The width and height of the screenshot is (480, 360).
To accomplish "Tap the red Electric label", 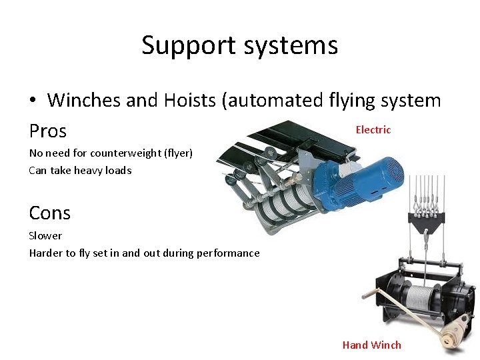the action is [373, 130].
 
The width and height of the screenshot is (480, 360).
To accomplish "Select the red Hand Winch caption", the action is [371, 345].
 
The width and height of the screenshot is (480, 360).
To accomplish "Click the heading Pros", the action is [48, 130].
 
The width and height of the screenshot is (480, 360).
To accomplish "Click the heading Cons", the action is [49, 213].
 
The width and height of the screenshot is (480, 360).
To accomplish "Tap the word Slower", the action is [45, 235].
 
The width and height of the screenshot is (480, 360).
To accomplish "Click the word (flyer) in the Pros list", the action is [178, 153].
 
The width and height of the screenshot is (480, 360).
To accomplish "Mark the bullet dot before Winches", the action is [33, 101].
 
